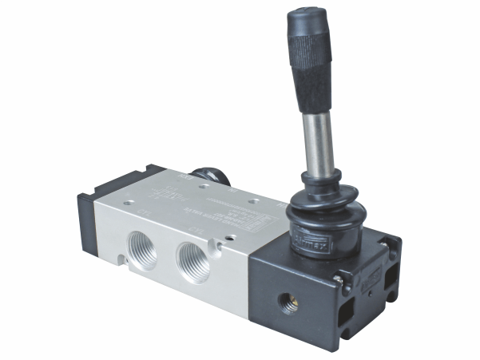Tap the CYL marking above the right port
pyautogui.click(x=198, y=230)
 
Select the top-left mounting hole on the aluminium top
pyautogui.click(x=129, y=202)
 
